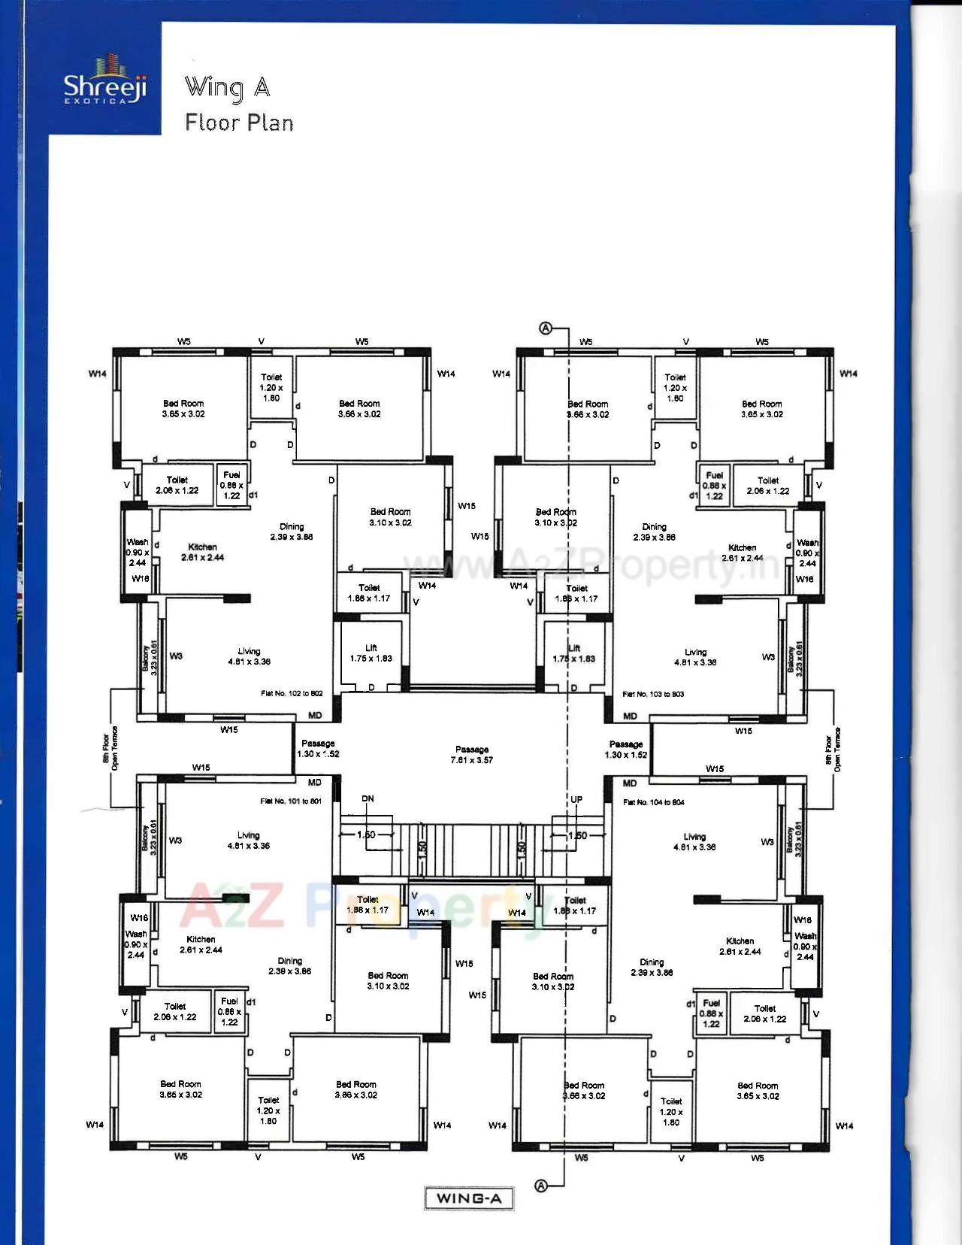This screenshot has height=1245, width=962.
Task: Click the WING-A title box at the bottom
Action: pos(469,1198)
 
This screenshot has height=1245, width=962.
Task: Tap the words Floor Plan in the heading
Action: pos(239,123)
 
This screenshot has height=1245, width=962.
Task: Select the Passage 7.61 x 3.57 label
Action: pos(472,755)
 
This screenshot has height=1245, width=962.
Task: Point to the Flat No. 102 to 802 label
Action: pos(292,693)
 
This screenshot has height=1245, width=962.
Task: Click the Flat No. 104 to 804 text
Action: pos(653,802)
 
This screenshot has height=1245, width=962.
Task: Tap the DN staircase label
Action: pos(368,798)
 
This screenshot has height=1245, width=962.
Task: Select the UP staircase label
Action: pos(576,799)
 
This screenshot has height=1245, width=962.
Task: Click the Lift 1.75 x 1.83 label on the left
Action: pos(371,653)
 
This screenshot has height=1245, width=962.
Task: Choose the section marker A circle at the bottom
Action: pos(541,1186)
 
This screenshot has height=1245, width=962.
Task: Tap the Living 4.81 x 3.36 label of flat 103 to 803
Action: pos(695,657)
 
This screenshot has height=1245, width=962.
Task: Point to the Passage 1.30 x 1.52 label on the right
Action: pos(626,750)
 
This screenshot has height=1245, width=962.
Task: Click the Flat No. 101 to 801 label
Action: pos(291,801)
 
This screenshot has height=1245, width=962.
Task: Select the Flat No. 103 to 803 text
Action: pos(653,694)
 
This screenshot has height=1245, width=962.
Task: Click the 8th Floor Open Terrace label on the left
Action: pos(110,747)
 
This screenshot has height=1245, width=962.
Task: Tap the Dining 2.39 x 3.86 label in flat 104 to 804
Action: pos(652,967)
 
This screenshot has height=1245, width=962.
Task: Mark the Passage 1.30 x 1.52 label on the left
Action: pos(318,749)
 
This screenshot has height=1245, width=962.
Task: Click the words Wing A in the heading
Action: pos(228,88)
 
